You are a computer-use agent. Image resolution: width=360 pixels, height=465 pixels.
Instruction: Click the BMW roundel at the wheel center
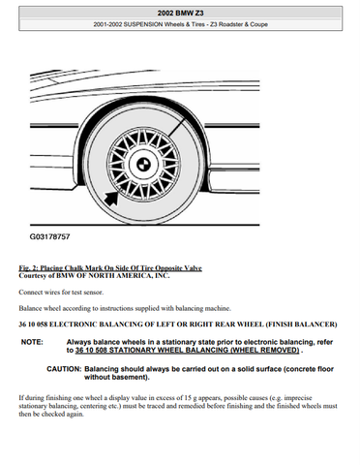(x=141, y=164)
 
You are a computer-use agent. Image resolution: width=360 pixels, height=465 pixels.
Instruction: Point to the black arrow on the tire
(x=111, y=198)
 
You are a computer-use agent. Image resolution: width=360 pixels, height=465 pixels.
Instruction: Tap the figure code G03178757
(x=49, y=236)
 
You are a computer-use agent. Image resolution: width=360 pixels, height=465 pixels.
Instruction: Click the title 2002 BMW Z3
(x=180, y=13)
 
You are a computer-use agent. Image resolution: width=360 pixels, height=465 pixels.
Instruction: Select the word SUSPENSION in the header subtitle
(x=143, y=24)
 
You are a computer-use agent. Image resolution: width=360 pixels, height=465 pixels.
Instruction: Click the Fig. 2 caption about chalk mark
(x=110, y=268)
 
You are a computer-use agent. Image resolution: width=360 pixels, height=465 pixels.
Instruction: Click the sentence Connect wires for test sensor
(x=61, y=293)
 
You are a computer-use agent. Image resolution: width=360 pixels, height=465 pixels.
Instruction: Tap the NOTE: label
(x=32, y=342)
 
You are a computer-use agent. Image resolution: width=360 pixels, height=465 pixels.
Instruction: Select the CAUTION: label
(x=64, y=369)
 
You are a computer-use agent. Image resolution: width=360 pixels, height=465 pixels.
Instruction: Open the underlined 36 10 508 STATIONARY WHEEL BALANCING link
(x=187, y=351)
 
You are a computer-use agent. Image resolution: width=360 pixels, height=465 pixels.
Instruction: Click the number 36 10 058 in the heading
(x=33, y=325)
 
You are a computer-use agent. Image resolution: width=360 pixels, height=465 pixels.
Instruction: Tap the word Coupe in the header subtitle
(x=258, y=24)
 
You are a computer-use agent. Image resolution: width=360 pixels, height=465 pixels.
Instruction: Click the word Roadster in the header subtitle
(x=230, y=24)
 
